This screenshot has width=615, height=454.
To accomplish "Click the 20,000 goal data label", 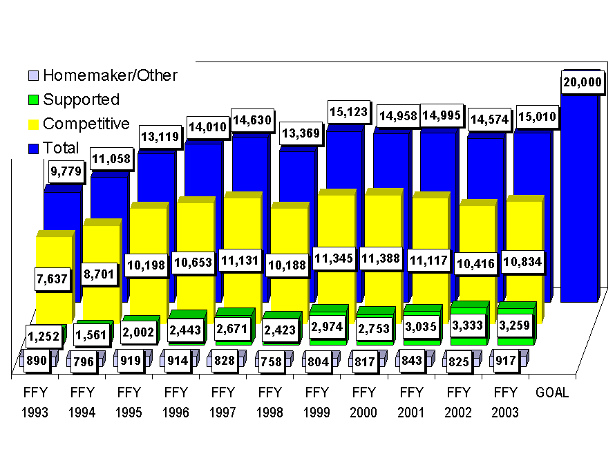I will [580, 82].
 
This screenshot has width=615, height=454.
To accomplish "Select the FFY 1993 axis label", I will [35, 402].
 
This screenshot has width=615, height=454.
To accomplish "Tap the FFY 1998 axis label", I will [270, 402].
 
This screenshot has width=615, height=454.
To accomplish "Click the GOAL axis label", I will [552, 392].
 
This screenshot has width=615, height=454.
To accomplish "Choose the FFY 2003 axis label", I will [506, 402].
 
